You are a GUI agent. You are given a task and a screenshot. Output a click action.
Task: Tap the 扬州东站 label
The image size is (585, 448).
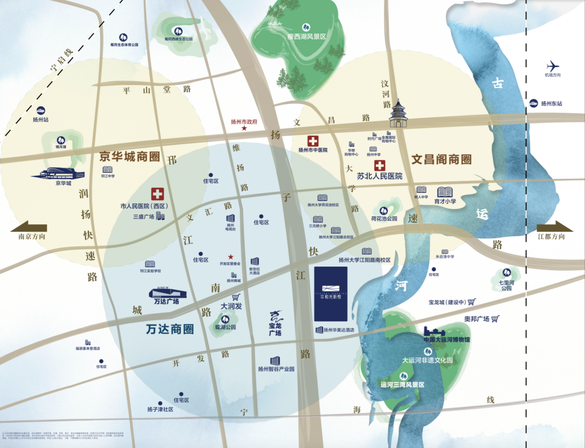click(x=551, y=103)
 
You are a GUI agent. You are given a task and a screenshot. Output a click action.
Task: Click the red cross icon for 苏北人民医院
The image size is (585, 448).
click(x=380, y=165)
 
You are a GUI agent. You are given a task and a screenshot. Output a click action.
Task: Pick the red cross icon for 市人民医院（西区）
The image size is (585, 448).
click(x=157, y=193)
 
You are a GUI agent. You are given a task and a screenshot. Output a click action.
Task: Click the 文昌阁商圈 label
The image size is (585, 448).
click(x=441, y=160)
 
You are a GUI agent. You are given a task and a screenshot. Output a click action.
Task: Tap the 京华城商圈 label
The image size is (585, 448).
click(x=129, y=157)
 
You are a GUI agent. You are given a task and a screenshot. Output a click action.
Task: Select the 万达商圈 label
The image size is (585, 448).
click(x=170, y=329)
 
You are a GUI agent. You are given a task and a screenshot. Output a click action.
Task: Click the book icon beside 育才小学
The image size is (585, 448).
click(x=445, y=192)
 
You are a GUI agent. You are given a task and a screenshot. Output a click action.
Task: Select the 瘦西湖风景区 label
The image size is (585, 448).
click(x=306, y=36)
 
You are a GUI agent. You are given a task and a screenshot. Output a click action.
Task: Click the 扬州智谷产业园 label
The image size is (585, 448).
click(x=276, y=369)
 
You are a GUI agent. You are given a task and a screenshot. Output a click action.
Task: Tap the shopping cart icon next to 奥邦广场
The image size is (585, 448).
click(x=494, y=319)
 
